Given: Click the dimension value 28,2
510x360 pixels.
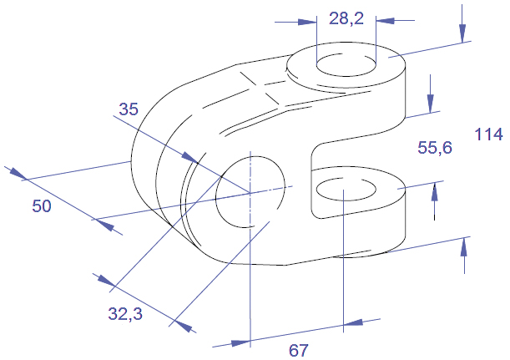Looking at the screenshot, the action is point(346,18).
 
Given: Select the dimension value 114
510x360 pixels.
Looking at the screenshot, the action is point(488,134).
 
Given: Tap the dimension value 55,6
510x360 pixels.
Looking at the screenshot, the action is point(435,148).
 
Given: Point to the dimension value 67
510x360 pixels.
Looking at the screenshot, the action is point(298,350).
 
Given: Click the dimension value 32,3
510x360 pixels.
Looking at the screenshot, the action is point(125,314).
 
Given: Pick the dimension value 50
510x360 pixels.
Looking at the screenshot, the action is point(42,206).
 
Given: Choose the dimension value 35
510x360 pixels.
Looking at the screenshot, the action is point(129,109).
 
